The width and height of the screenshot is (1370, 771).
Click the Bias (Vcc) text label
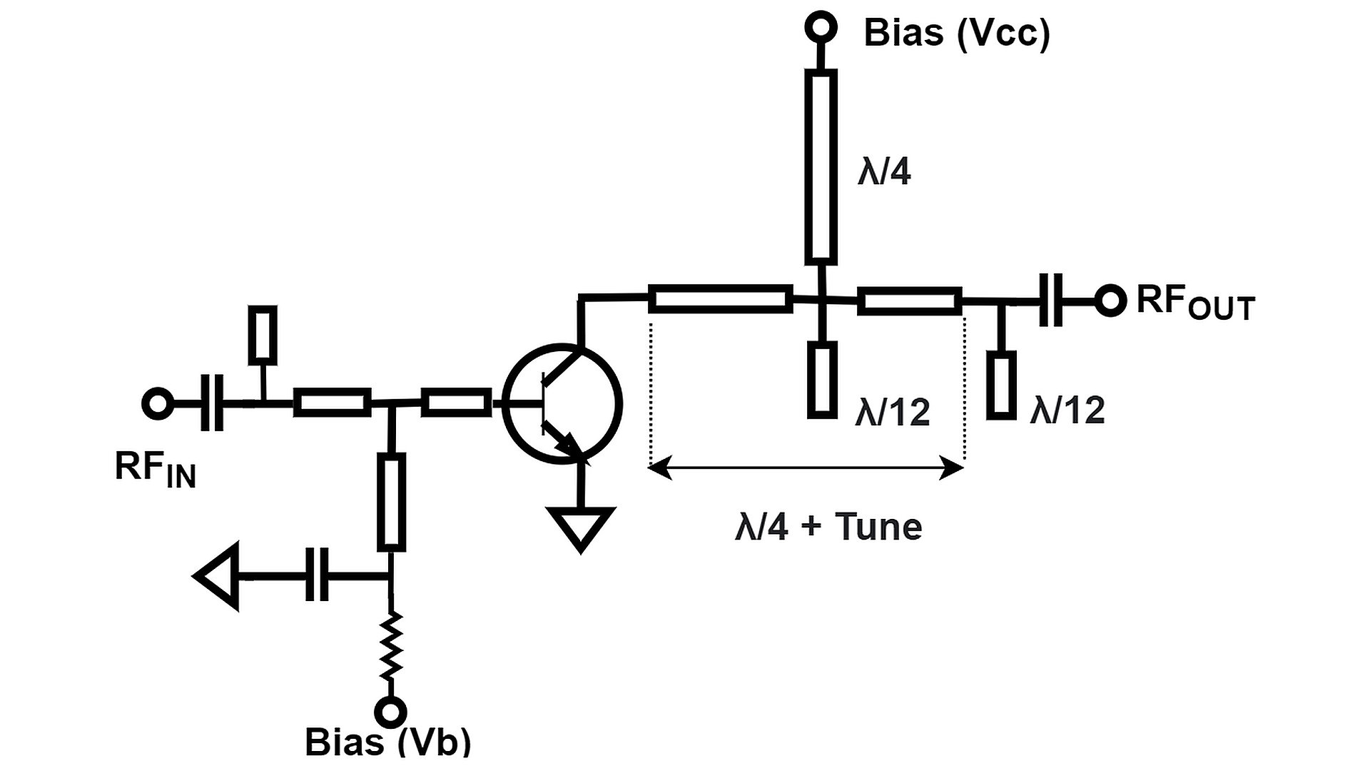956,34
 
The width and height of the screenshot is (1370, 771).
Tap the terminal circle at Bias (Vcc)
821,27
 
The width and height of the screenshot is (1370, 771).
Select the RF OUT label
1194,303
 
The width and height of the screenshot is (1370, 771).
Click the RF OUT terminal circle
1110,301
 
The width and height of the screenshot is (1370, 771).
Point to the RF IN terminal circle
158,403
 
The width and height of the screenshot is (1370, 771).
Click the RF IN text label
155,470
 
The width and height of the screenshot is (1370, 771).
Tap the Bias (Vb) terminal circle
390,712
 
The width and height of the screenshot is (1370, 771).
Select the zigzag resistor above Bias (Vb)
390,646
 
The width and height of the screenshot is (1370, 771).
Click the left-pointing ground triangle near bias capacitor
218,575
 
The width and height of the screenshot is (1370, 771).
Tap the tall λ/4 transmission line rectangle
821,167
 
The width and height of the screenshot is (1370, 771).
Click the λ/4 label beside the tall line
884,173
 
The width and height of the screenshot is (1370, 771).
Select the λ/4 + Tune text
828,527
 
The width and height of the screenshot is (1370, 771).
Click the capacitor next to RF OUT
1050,301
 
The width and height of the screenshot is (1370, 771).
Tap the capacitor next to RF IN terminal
212,403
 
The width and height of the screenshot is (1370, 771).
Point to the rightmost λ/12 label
1067,410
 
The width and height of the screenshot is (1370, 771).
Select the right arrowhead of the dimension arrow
953,469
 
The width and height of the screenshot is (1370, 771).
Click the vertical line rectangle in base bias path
390,502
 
